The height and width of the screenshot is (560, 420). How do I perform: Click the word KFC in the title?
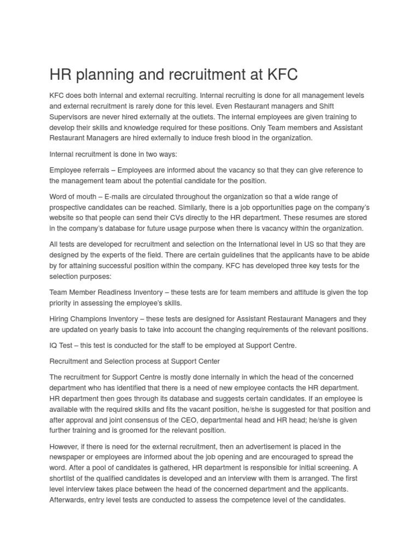click(280, 75)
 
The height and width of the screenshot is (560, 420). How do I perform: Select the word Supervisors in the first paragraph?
click(68, 116)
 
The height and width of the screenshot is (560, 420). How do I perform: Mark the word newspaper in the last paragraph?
click(67, 457)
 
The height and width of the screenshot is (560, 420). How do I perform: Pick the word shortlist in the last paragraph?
click(61, 478)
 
